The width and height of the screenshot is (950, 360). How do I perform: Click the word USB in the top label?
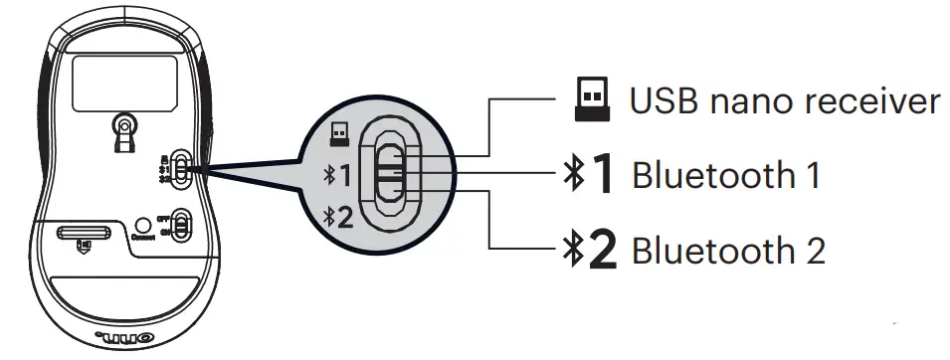(658, 100)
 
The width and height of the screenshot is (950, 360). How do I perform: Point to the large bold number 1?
(604, 175)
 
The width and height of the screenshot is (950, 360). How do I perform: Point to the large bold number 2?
(603, 250)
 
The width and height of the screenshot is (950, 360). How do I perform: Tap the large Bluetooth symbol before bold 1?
(572, 175)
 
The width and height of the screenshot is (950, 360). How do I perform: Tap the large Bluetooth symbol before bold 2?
(572, 250)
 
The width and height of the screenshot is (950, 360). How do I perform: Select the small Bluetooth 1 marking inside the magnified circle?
(338, 177)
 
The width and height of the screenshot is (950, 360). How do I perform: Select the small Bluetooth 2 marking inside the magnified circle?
(338, 216)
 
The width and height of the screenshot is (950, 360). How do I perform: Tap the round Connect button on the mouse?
(142, 225)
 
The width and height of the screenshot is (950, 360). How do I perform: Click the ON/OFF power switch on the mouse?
(181, 225)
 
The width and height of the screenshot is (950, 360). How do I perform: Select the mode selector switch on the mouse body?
(180, 168)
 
